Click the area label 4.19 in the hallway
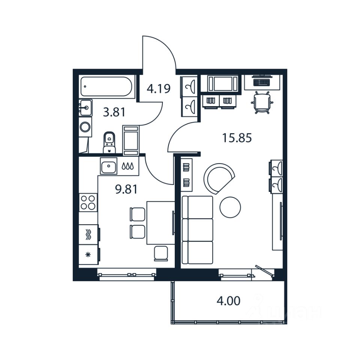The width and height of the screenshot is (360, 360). coord(159,89)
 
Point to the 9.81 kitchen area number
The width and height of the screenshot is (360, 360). coord(126,189)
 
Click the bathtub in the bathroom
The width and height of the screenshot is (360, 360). coord(106,86)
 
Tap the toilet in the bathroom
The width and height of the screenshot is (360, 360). coord(109,142)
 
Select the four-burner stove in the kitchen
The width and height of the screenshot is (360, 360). coord(88,202)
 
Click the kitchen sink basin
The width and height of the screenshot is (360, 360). coord(108,166)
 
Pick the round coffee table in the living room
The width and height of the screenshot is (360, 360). coord(230,207)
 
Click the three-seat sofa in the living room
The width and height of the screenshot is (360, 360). coord(197,229)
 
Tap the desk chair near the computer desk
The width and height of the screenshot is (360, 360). coord(262,102)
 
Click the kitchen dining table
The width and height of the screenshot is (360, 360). coord(160,222)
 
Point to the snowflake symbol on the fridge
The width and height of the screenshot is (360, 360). coord(88,255)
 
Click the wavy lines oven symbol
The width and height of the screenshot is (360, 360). coord(88,235)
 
